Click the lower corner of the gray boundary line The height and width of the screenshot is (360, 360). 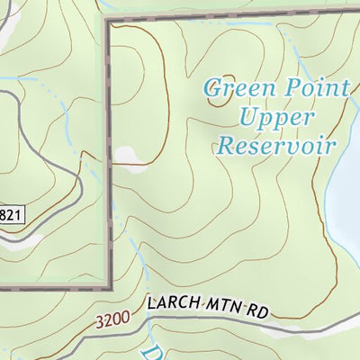tap(111, 287)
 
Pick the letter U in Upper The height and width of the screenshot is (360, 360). tap(246, 117)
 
